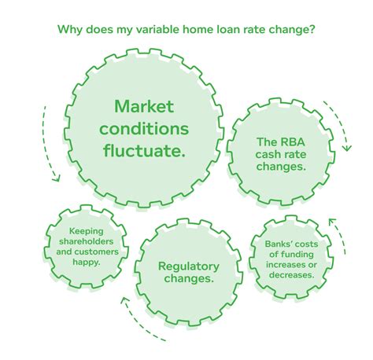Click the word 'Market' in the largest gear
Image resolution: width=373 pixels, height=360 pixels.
[x=144, y=106]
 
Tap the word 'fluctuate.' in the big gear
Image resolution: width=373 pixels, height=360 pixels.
[x=144, y=150]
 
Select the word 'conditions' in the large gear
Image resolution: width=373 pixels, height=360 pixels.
[x=144, y=128]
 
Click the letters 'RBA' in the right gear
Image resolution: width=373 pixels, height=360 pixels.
[x=293, y=142]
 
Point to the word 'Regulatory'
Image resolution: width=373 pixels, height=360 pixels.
[x=189, y=266]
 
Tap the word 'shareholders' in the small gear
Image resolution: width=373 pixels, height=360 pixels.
[x=86, y=241]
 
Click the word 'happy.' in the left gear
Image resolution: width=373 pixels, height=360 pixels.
[x=87, y=262]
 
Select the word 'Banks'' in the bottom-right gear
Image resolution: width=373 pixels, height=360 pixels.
[x=279, y=244]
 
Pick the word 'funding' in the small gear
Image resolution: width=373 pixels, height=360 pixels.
[x=297, y=255]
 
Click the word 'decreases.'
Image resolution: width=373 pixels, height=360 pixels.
[x=291, y=275]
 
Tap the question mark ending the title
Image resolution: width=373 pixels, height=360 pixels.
[x=311, y=29]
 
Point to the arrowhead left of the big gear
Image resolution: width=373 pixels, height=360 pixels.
[x=56, y=178]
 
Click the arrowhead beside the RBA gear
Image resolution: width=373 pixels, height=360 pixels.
[x=347, y=148]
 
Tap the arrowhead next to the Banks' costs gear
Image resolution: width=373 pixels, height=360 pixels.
[x=332, y=222]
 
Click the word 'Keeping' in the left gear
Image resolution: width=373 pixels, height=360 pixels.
[x=86, y=231]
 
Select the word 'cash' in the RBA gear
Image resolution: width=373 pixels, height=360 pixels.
[x=267, y=154]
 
